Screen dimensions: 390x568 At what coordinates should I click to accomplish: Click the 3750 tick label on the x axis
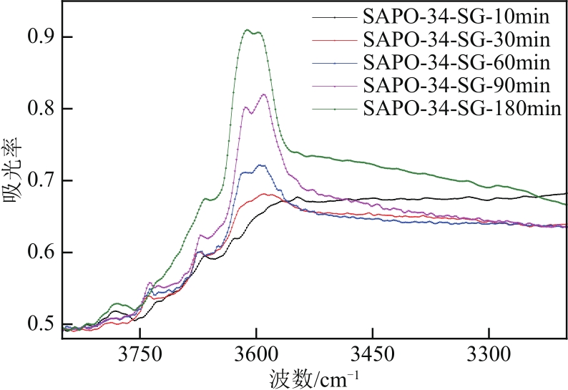coord(140,353)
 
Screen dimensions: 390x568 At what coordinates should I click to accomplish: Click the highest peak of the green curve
coord(248,30)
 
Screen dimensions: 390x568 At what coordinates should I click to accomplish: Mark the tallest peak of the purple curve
coord(264,94)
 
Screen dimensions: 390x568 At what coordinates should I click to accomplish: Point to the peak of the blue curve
coord(262,165)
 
